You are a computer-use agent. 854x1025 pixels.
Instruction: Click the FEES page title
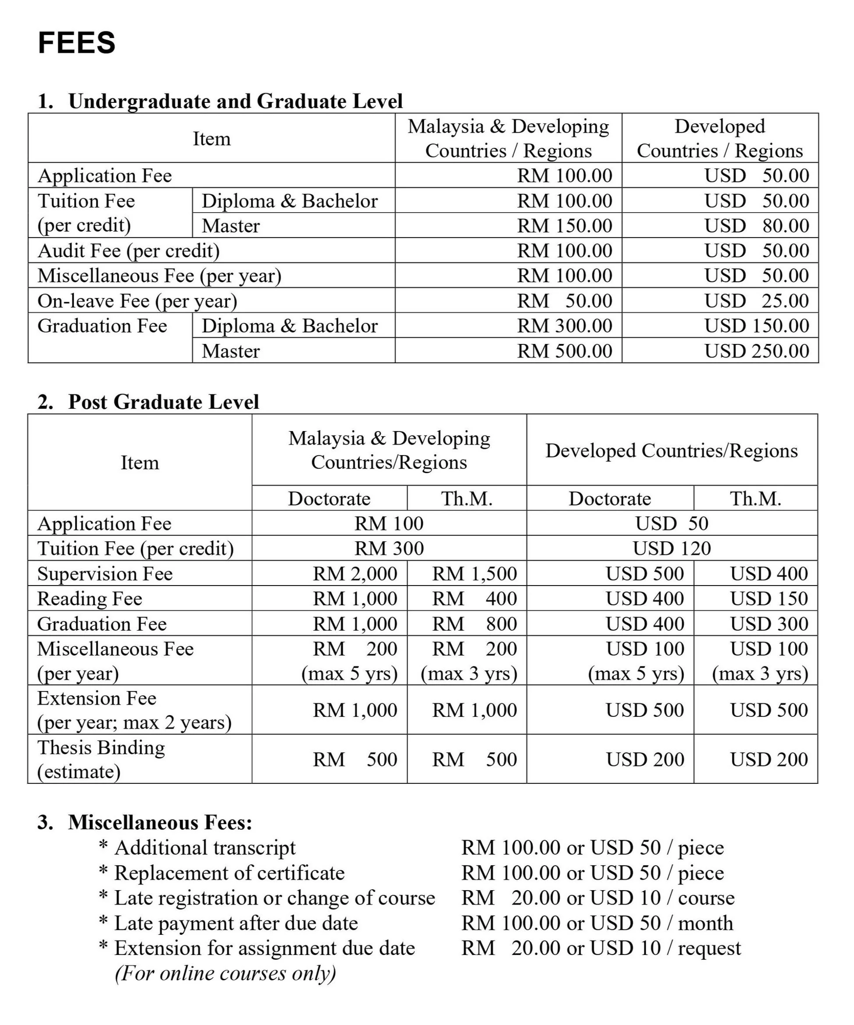[77, 42]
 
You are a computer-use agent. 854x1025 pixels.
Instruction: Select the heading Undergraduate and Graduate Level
[235, 101]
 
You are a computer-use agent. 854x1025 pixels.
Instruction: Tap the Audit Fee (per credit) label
[128, 250]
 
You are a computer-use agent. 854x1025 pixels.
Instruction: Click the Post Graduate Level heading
[163, 402]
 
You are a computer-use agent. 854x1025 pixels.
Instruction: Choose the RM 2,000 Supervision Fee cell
[355, 573]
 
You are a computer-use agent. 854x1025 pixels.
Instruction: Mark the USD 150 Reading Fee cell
[769, 598]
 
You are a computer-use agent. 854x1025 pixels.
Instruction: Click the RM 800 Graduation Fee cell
[474, 624]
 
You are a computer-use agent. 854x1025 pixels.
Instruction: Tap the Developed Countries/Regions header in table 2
[671, 450]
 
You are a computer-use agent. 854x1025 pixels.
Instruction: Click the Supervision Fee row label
[105, 573]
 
